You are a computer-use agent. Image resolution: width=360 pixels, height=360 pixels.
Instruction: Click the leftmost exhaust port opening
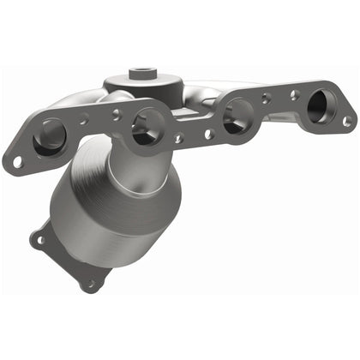pyautogui.click(x=48, y=135)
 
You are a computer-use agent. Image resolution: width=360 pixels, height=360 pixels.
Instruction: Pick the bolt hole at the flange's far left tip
pyautogui.click(x=16, y=160)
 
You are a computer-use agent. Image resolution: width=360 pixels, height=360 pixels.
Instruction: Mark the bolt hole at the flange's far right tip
pyautogui.click(x=347, y=121)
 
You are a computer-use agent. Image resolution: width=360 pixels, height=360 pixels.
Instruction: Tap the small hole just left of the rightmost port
pyautogui.click(x=294, y=96)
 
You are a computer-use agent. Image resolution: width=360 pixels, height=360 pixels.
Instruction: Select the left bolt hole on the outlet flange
pyautogui.click(x=38, y=240)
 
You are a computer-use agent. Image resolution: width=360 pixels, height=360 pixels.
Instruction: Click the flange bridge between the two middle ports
pyautogui.click(x=190, y=129)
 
